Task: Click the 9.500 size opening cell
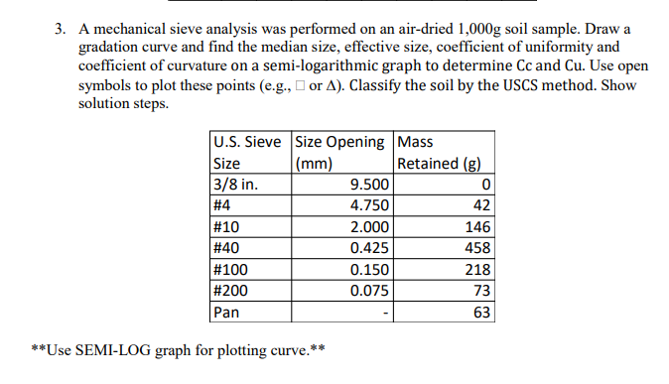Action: coord(370,185)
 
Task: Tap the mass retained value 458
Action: coord(477,247)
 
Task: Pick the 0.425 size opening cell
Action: coord(370,247)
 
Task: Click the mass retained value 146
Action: coord(477,226)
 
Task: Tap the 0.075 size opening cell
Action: coord(370,290)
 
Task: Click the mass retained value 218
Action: coord(477,269)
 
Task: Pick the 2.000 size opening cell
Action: coord(370,226)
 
